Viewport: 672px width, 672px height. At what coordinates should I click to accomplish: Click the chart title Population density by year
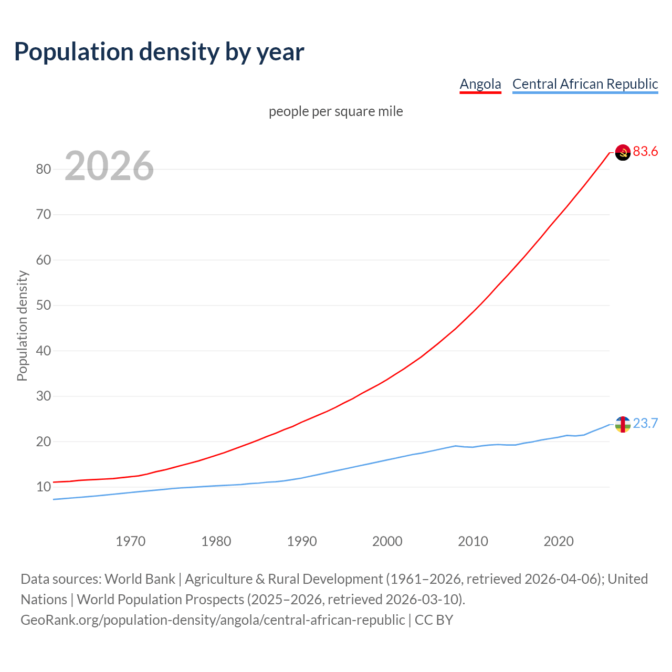(x=159, y=52)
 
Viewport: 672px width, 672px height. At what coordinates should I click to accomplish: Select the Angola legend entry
(x=480, y=84)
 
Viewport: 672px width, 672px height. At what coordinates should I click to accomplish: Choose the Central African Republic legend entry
(x=585, y=84)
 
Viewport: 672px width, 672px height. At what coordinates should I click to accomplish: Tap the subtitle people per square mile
(x=336, y=112)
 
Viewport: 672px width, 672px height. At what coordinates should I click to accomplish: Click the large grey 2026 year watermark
(x=109, y=166)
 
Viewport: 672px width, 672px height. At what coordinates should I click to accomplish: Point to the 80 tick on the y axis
(x=44, y=169)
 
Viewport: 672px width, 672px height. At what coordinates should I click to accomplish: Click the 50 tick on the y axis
(x=44, y=306)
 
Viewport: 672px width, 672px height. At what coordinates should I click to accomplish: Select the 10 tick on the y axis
(x=44, y=487)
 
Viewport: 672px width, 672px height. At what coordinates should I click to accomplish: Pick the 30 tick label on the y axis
(x=44, y=396)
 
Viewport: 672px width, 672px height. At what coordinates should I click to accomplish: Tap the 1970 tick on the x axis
(x=131, y=541)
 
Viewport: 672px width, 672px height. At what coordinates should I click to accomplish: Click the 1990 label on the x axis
(x=302, y=541)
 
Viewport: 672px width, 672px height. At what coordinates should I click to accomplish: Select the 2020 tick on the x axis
(x=559, y=541)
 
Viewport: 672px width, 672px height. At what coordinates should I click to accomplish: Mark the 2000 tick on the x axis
(x=387, y=541)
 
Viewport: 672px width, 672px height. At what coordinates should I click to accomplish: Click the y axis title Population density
(x=22, y=325)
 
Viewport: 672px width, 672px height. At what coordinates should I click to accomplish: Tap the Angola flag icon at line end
(x=623, y=152)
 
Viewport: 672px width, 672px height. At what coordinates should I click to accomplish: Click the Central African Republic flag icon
(x=623, y=424)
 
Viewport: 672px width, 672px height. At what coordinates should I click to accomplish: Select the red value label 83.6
(x=645, y=152)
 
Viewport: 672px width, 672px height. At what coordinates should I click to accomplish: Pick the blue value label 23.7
(x=645, y=424)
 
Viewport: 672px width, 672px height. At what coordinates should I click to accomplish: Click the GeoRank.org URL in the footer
(x=213, y=620)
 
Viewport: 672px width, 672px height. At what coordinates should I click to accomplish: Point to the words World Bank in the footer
(x=140, y=579)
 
